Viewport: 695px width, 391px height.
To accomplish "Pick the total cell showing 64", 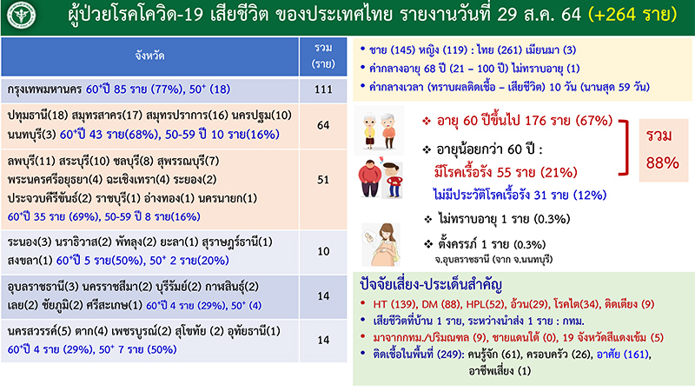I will (x=323, y=127).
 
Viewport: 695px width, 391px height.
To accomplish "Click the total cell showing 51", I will (x=323, y=181).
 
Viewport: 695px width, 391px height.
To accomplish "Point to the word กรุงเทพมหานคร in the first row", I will (x=43, y=89).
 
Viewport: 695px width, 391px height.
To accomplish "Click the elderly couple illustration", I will (x=384, y=130).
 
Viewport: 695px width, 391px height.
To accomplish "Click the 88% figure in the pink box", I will (x=662, y=162).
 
